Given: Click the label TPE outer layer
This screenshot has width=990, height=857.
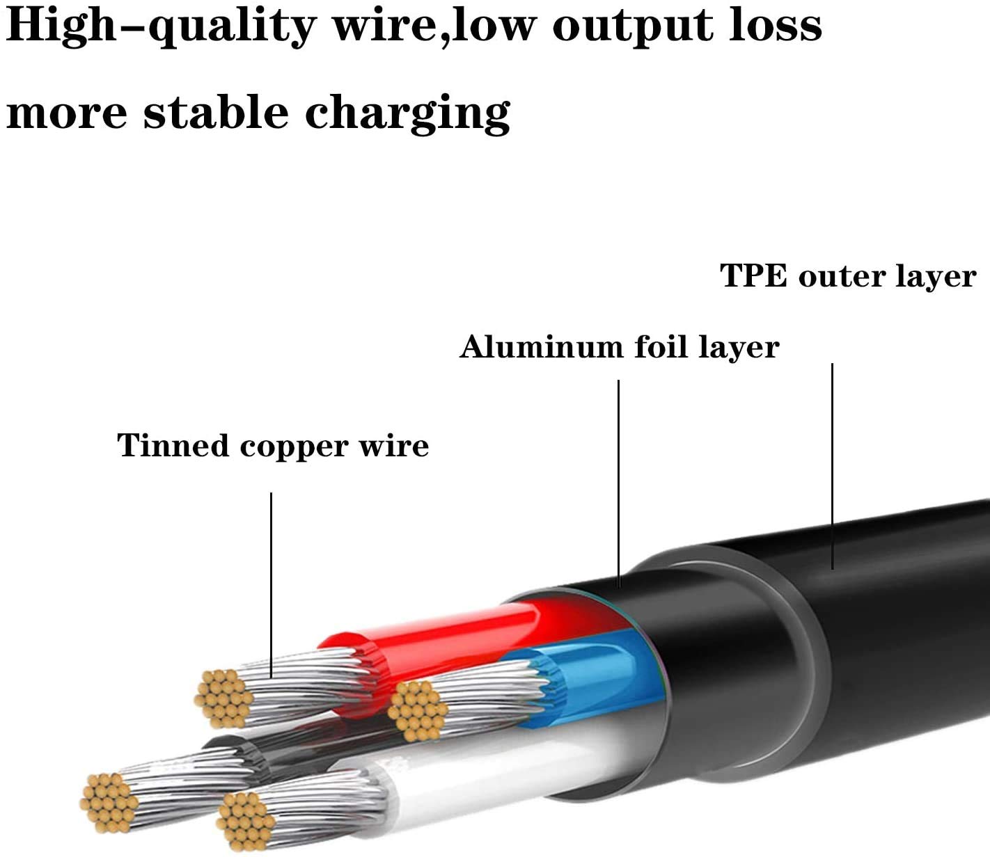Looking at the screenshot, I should [x=847, y=276].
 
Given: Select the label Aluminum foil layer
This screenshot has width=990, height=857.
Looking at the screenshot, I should [x=619, y=347].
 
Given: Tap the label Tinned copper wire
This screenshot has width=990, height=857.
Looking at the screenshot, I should [x=273, y=446].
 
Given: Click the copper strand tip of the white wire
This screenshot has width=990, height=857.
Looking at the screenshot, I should [x=245, y=821].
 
